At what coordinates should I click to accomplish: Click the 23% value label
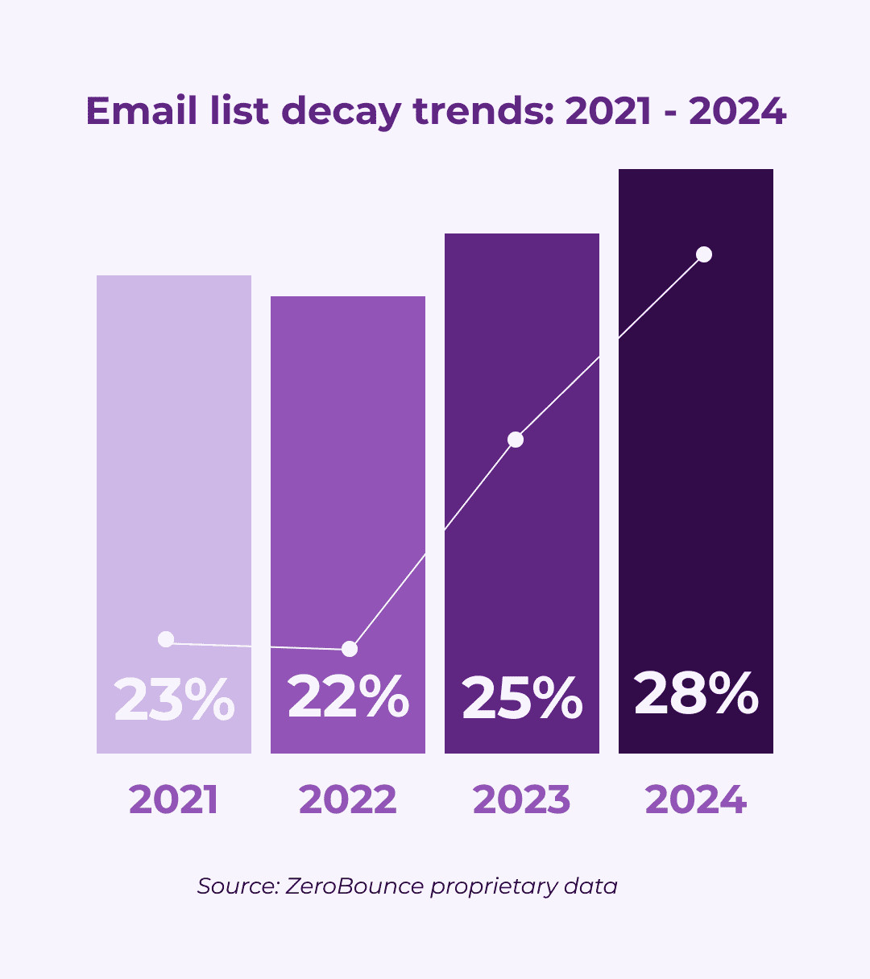pyautogui.click(x=174, y=700)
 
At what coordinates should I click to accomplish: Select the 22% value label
pyautogui.click(x=348, y=697)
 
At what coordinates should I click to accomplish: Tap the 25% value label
pyautogui.click(x=522, y=698)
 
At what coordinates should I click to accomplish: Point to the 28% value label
pyautogui.click(x=696, y=693)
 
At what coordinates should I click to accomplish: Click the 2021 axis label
pyautogui.click(x=174, y=800)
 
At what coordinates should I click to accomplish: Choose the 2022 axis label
pyautogui.click(x=348, y=800)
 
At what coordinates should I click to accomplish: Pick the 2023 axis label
pyautogui.click(x=522, y=800)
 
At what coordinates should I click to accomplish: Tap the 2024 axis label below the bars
pyautogui.click(x=696, y=800)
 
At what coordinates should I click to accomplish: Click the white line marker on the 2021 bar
pyautogui.click(x=166, y=639)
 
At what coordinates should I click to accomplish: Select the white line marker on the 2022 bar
pyautogui.click(x=350, y=649)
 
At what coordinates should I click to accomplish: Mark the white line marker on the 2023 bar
pyautogui.click(x=516, y=440)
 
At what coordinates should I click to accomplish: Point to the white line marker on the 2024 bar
pyautogui.click(x=704, y=254)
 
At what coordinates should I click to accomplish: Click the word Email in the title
pyautogui.click(x=142, y=110)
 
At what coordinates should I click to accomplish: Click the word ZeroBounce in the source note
pyautogui.click(x=354, y=886)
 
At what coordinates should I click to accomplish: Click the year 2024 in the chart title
pyautogui.click(x=738, y=110)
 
